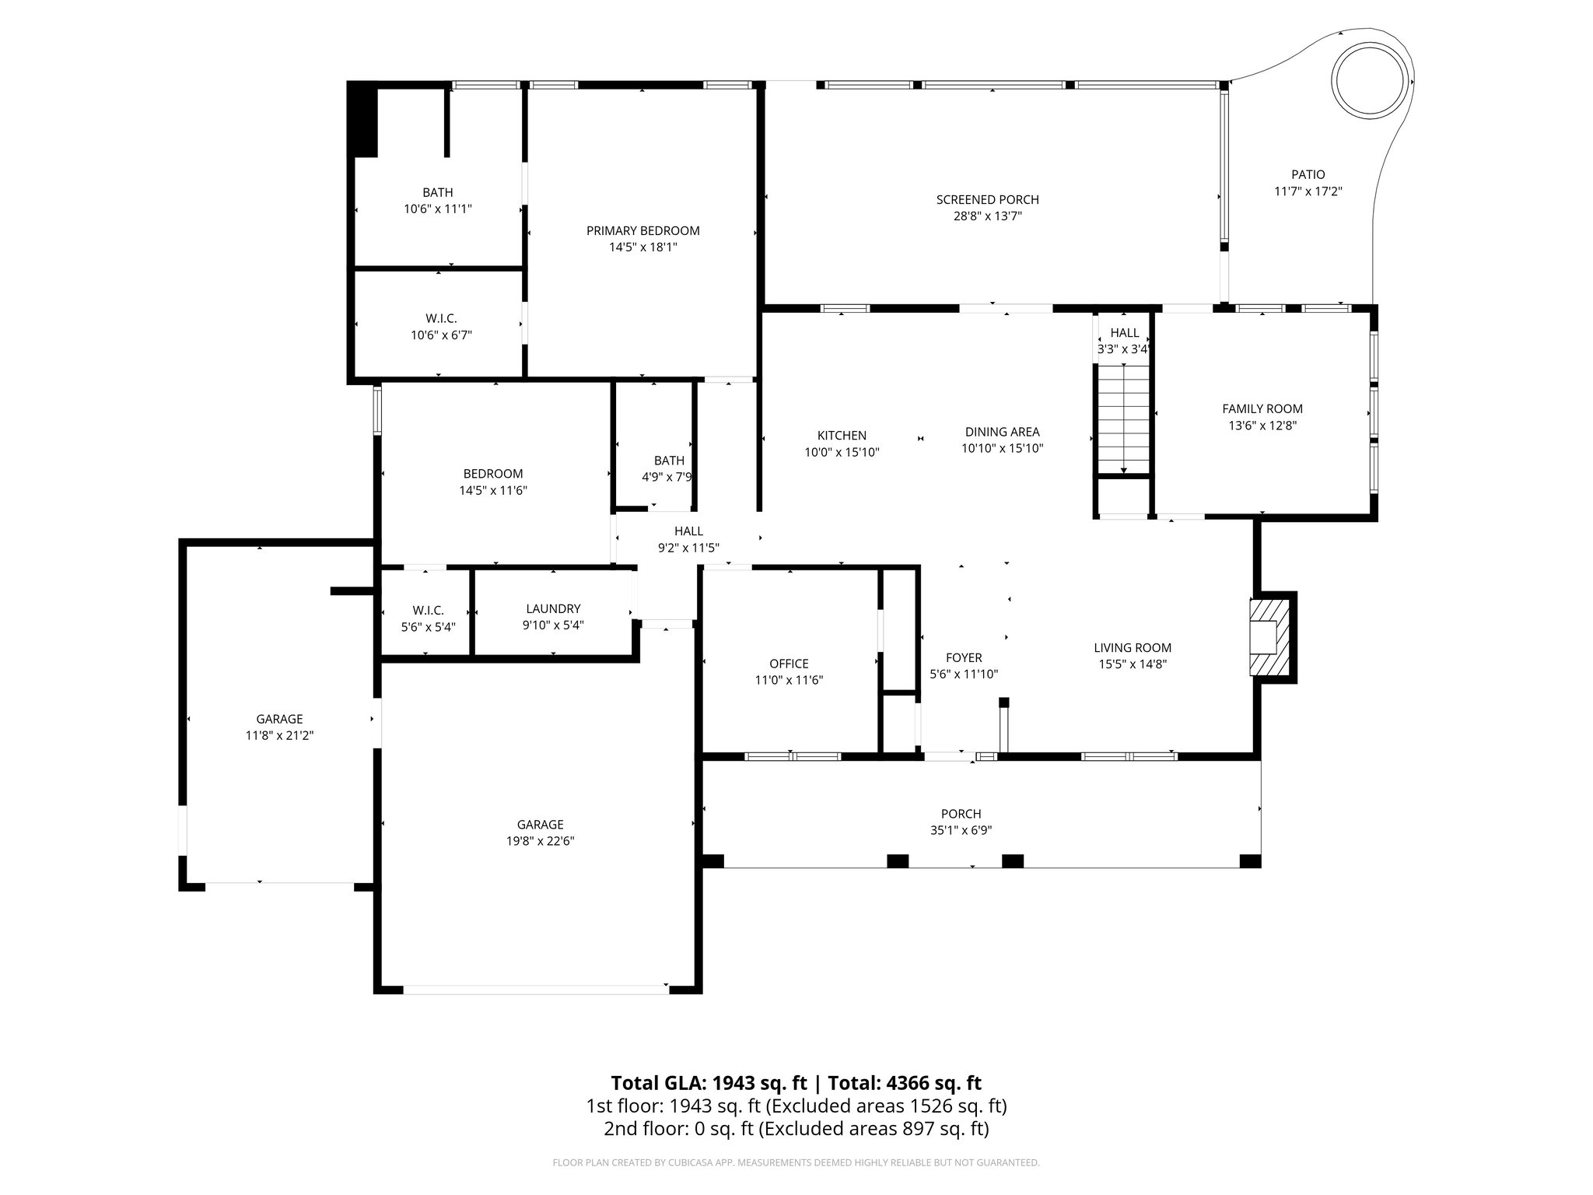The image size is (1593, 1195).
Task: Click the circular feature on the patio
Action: click(x=1371, y=81)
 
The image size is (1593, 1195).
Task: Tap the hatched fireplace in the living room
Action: click(x=1268, y=637)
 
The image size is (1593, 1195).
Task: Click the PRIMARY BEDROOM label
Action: click(x=642, y=231)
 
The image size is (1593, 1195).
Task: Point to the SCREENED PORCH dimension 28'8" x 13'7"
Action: click(x=987, y=216)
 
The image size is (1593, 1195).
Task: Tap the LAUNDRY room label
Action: click(x=553, y=608)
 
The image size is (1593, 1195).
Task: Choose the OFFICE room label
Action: click(x=789, y=664)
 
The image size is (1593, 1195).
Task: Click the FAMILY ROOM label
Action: click(x=1262, y=408)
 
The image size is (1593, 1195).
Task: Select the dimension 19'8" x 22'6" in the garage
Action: click(x=540, y=841)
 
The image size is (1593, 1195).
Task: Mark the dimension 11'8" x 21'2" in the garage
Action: click(x=279, y=735)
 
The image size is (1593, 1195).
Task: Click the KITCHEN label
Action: click(x=842, y=436)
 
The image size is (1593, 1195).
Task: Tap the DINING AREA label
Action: click(x=1002, y=432)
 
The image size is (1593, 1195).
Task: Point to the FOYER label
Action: click(x=964, y=658)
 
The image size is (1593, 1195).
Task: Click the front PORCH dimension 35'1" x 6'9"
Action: click(x=961, y=830)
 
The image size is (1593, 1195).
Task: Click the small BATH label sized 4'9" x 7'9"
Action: click(x=669, y=461)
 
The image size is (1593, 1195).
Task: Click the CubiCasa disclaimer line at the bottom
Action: click(x=796, y=1162)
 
